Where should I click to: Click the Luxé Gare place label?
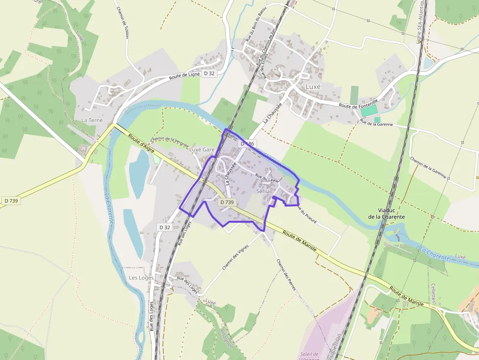(202, 149)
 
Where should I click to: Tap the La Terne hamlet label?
(92, 120)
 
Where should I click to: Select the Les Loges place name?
(141, 277)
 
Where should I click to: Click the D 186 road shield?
(246, 144)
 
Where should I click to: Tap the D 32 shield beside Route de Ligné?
(209, 73)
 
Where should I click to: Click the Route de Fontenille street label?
(358, 103)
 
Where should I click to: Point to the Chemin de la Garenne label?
(429, 168)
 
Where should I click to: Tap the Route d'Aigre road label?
(141, 145)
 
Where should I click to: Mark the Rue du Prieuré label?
(306, 213)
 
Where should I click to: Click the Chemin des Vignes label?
(236, 257)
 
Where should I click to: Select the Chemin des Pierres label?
(286, 275)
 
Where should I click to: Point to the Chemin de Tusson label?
(122, 23)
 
